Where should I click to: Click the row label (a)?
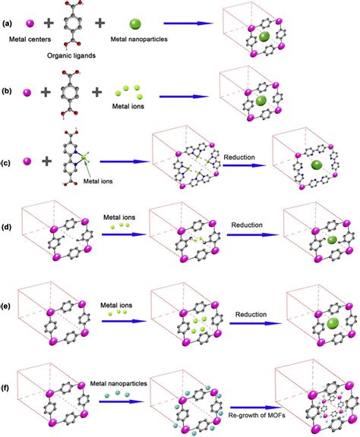[9, 24]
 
